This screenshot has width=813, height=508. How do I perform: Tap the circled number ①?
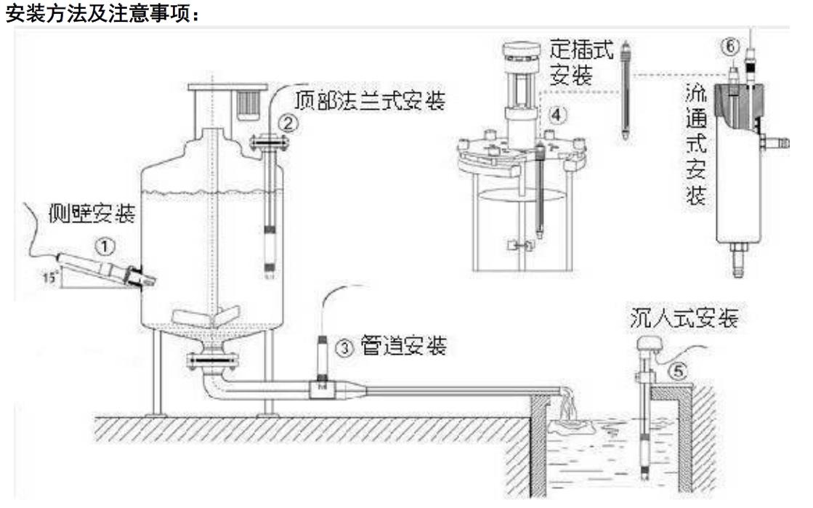pyautogui.click(x=107, y=247)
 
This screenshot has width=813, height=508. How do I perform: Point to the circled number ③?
pyautogui.click(x=345, y=348)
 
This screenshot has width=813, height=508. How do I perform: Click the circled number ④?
pyautogui.click(x=555, y=114)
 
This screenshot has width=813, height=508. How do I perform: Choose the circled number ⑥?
pyautogui.click(x=731, y=46)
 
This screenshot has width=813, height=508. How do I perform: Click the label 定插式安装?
pyautogui.click(x=581, y=62)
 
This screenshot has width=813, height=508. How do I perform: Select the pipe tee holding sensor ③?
pyautogui.click(x=320, y=389)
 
